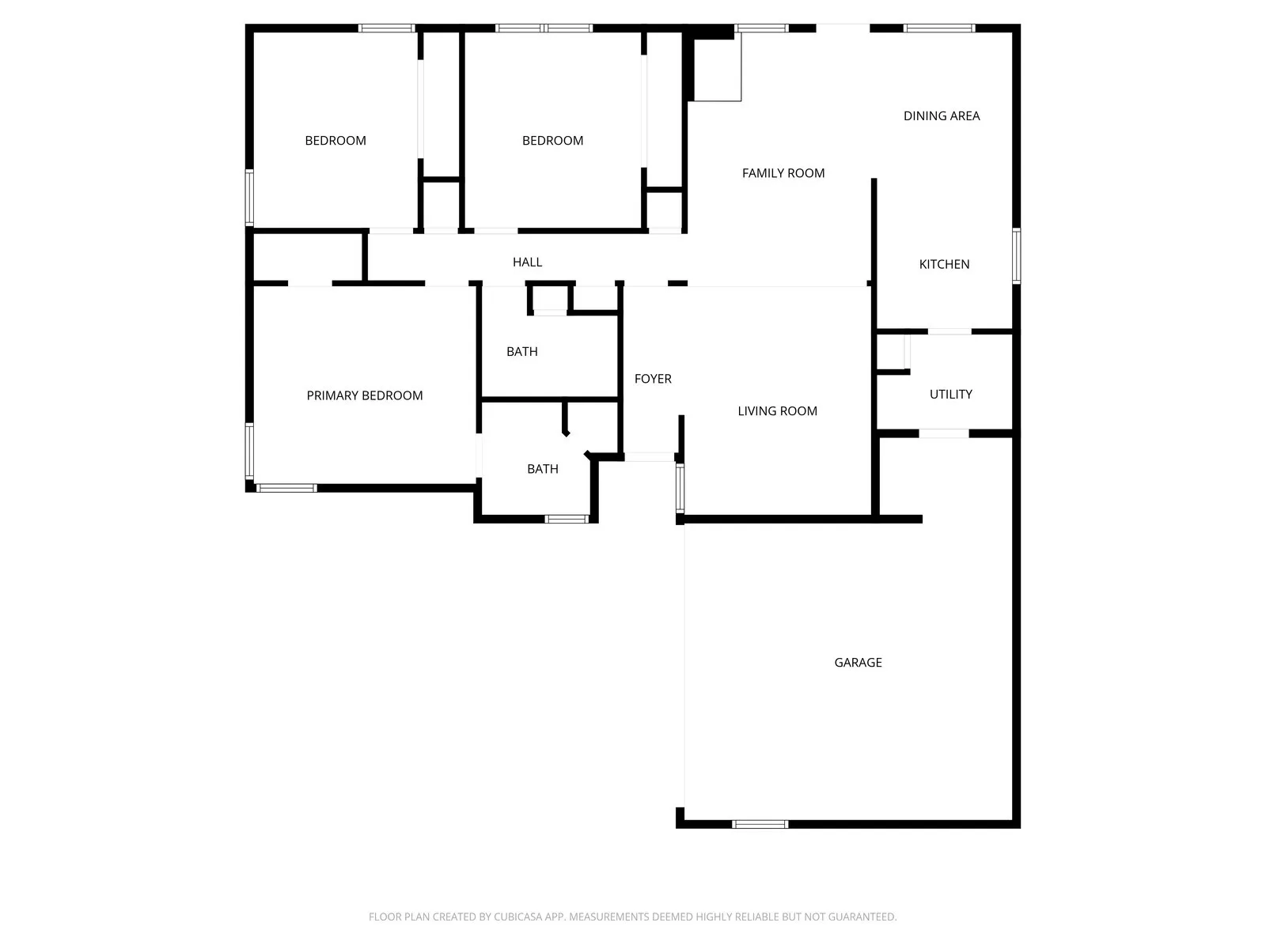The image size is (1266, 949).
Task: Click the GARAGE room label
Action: [858, 663]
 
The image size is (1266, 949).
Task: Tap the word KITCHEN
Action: [944, 264]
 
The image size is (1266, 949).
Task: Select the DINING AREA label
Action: [942, 115]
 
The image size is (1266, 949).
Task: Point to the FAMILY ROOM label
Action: [783, 173]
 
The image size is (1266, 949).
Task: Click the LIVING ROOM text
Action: [777, 411]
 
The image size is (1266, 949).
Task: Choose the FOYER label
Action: [653, 379]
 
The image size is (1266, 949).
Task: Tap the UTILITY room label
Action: [950, 394]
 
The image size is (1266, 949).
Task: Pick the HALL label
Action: [527, 262]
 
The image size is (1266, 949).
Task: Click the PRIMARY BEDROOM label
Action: [365, 395]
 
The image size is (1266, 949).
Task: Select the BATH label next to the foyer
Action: [521, 351]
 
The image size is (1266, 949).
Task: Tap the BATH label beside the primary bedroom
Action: [543, 469]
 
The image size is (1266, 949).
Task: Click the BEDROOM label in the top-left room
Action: [335, 141]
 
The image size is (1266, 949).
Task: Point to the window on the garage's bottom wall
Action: [760, 824]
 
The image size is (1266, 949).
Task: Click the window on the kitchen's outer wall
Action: [1016, 255]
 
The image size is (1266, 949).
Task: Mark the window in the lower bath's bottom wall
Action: [567, 519]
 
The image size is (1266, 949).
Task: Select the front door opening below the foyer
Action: [649, 456]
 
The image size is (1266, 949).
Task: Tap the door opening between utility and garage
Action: [943, 433]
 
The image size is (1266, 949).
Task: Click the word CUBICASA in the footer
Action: [518, 917]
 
